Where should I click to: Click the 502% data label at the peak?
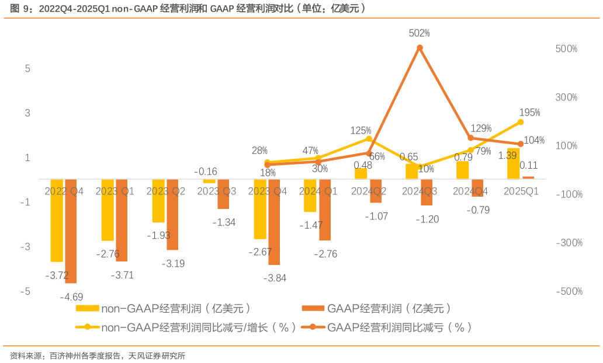(419, 33)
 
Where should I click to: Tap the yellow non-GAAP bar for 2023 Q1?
(108, 210)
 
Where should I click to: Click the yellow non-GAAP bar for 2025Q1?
(514, 164)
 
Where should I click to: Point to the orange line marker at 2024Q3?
(420, 48)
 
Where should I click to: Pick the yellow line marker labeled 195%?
(521, 122)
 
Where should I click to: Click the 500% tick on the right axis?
(566, 48)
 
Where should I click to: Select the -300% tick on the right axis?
(569, 243)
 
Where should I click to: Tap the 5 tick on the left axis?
(27, 68)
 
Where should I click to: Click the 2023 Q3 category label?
(216, 191)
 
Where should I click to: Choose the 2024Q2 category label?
(369, 191)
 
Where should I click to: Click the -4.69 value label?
(71, 296)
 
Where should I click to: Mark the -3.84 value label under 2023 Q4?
(275, 278)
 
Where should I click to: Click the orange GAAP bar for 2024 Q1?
(325, 210)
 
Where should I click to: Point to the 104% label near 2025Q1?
(533, 140)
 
